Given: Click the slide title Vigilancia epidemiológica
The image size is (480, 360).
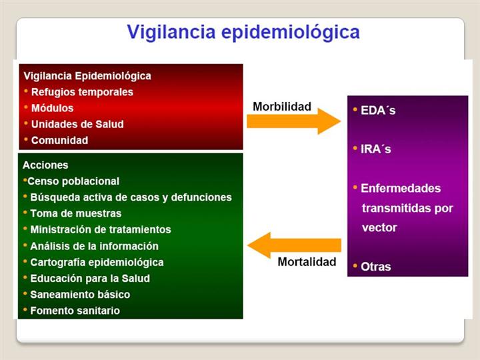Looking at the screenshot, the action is [x=243, y=33].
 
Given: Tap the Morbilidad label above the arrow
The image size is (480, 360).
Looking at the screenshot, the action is [x=282, y=107].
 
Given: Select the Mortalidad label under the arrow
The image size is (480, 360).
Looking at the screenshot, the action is [x=307, y=262].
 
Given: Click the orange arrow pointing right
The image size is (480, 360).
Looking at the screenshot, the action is [x=294, y=121].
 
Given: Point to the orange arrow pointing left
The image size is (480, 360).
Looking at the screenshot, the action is [x=294, y=245].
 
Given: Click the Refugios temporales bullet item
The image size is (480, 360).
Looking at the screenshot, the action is [x=82, y=92].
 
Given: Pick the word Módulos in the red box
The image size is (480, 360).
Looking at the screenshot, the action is [x=53, y=108].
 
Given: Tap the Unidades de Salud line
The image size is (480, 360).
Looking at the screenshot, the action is [x=77, y=124].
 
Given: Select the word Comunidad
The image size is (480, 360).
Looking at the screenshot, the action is [x=60, y=140].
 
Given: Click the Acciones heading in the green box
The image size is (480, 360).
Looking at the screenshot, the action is [x=45, y=165].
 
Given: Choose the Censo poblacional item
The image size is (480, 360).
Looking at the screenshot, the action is [x=73, y=181].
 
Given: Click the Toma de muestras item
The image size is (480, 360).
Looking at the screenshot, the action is [x=76, y=213].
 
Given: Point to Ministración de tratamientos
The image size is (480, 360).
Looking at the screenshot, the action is [x=101, y=229].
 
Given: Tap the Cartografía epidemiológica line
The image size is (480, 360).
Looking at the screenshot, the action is [x=97, y=263].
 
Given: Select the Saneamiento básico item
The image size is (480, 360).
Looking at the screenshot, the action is [x=80, y=295].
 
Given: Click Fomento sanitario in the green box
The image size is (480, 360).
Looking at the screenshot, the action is [x=75, y=311].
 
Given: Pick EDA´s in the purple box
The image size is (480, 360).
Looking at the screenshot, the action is [x=378, y=110].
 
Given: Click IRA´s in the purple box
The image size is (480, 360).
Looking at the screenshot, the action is [x=376, y=149].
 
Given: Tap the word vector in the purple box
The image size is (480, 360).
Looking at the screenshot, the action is [x=379, y=228].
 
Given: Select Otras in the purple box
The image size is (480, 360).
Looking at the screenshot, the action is [x=376, y=267].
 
